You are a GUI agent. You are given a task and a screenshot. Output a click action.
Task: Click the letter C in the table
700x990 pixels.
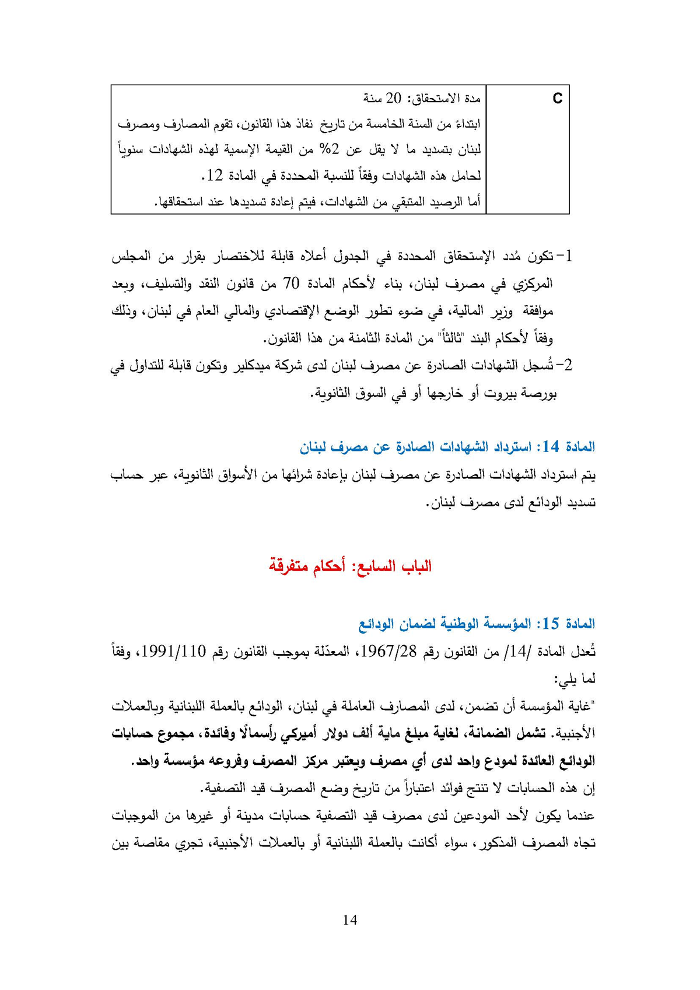[x=557, y=99]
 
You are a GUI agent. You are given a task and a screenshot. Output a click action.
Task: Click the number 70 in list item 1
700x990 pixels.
[x=291, y=284]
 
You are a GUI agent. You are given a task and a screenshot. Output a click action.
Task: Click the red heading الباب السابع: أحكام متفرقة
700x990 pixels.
[x=350, y=566]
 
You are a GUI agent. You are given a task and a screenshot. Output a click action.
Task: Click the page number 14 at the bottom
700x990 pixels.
[x=350, y=920]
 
